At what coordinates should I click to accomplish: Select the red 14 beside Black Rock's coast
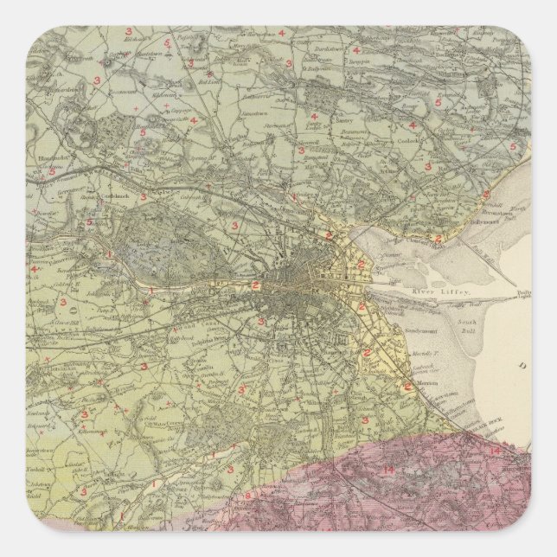[494, 451]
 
